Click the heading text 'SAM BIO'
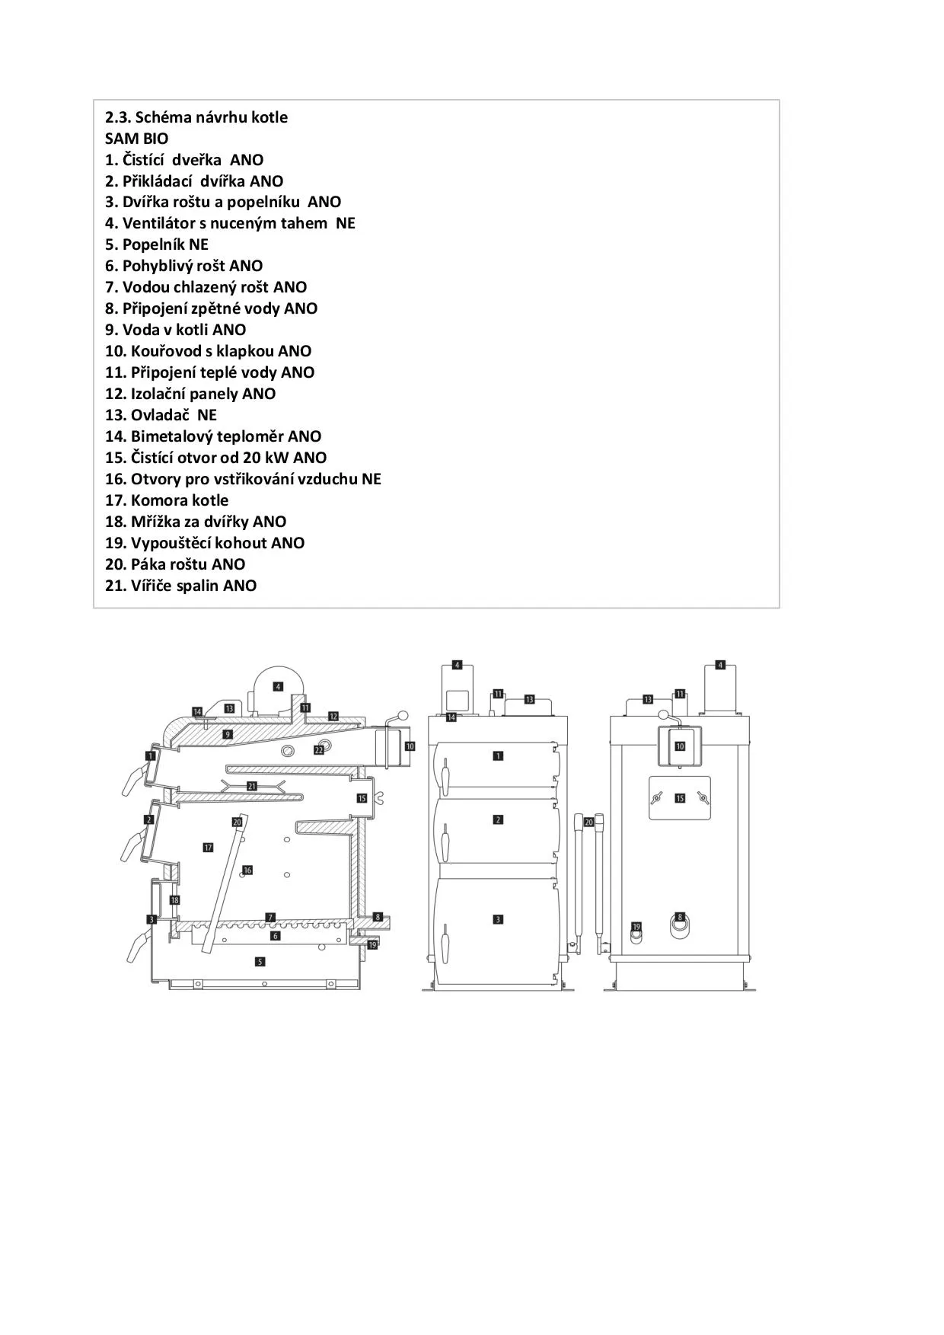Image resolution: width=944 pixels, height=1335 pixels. coord(137,139)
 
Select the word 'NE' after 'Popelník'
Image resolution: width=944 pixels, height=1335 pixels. coord(199,244)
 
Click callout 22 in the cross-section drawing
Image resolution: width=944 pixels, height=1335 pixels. coord(319,750)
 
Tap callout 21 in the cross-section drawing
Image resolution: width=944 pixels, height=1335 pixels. coord(252,786)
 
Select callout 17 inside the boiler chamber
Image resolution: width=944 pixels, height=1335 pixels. coord(208,847)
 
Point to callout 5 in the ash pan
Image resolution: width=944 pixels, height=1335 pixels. coord(260,962)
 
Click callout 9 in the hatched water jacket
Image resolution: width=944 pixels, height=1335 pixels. coord(228,734)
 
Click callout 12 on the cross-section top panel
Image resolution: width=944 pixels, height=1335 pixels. coord(333,717)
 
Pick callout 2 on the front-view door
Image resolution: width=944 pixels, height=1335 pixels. coord(498,820)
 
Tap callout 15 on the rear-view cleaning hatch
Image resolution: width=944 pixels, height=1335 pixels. coord(680,798)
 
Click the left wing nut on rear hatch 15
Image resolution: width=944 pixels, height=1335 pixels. coord(655,798)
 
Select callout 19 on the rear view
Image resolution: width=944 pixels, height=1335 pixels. coord(636,927)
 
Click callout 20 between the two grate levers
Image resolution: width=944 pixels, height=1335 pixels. coord(588,822)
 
